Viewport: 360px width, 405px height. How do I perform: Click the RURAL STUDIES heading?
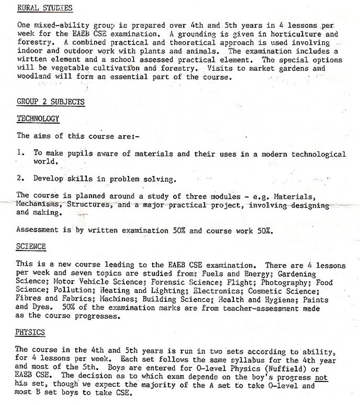tap(44, 8)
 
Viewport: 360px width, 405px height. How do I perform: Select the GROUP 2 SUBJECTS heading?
tap(50, 102)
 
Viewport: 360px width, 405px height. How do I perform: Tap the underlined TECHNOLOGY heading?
tap(38, 118)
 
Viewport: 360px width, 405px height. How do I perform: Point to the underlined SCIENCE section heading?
tap(31, 247)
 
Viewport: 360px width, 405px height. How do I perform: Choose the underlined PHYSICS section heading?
tap(30, 332)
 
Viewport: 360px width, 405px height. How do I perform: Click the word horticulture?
tap(301, 34)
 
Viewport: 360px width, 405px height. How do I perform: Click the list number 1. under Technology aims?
tap(20, 153)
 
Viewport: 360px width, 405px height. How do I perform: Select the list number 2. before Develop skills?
tap(20, 178)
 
